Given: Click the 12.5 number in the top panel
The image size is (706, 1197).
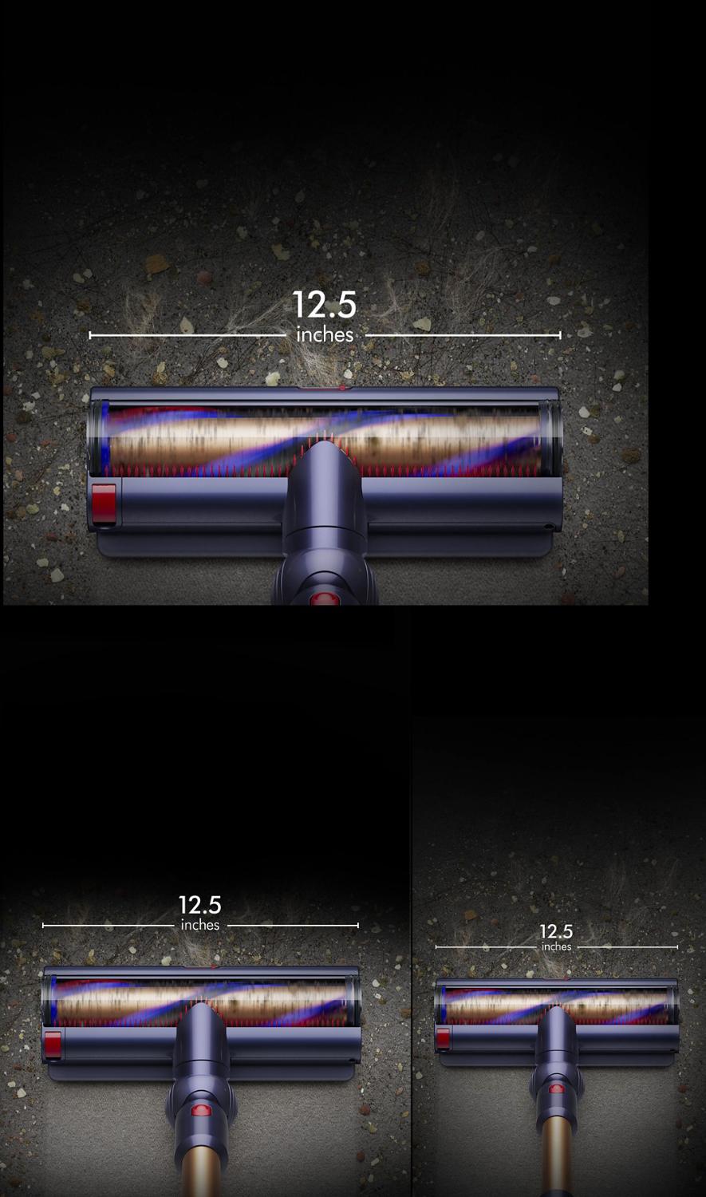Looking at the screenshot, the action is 324,305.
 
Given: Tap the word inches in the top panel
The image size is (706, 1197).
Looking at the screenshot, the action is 325,335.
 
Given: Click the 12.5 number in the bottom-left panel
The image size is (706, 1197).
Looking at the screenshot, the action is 199,905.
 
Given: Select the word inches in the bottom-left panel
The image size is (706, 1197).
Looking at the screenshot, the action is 200,925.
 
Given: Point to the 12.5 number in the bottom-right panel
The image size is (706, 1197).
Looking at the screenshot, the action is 556,931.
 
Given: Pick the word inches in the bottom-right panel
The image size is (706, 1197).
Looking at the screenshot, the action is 557,946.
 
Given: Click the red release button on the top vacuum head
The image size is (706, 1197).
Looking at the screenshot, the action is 104,503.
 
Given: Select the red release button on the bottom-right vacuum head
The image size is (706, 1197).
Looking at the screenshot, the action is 444,1038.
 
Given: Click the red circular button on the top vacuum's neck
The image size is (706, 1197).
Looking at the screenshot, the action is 324,598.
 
